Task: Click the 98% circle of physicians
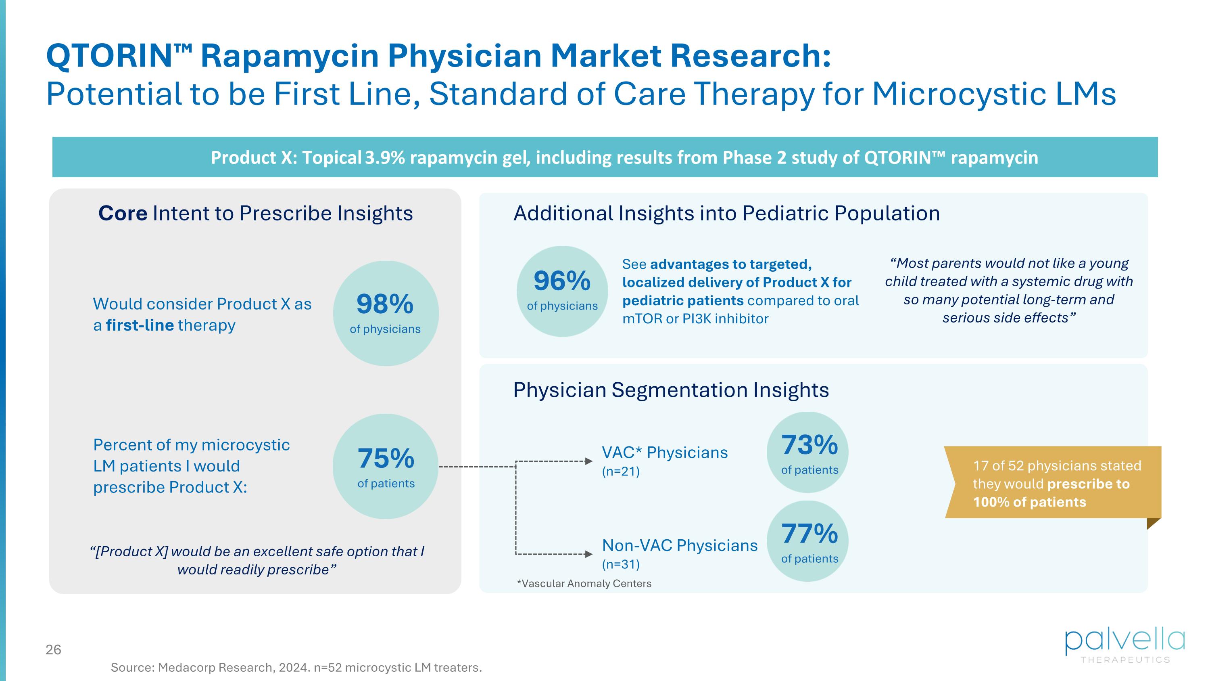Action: tap(386, 314)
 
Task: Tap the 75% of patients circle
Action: tap(386, 466)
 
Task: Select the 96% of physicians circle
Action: tap(562, 291)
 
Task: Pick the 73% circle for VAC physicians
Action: tap(809, 452)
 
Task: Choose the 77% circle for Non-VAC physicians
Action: tap(809, 541)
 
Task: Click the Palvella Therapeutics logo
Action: tap(1124, 646)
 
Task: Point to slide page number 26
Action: tap(54, 650)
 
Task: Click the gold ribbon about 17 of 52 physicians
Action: tap(1052, 483)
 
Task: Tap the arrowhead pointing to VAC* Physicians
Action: tap(588, 461)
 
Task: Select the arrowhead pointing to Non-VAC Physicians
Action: tap(588, 554)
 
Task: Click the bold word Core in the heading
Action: tap(123, 214)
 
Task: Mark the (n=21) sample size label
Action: tap(620, 471)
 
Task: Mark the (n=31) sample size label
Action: tap(620, 564)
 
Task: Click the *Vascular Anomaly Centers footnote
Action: tap(584, 583)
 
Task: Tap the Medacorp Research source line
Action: tap(296, 667)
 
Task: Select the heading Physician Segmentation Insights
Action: tap(671, 390)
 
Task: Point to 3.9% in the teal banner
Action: tap(385, 157)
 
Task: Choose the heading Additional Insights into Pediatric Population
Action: tap(726, 214)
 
